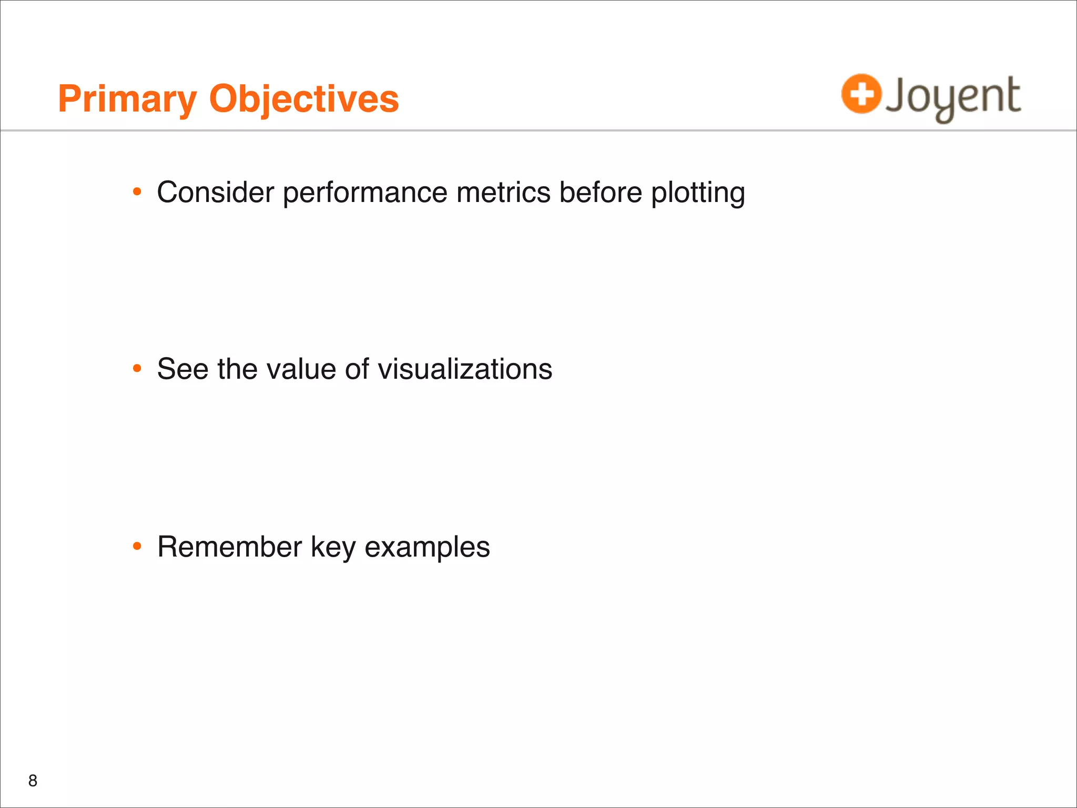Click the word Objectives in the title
(304, 99)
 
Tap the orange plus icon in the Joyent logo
(861, 94)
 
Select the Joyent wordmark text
(953, 97)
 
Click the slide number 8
(33, 781)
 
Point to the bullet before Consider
(137, 192)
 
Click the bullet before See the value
(137, 369)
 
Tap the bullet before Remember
(137, 547)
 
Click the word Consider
(215, 192)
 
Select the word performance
(365, 193)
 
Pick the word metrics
(503, 192)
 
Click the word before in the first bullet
(601, 192)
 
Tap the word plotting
(698, 193)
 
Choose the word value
(302, 369)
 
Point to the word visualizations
(465, 369)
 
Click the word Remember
(229, 547)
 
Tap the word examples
(427, 548)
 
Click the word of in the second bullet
(357, 369)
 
